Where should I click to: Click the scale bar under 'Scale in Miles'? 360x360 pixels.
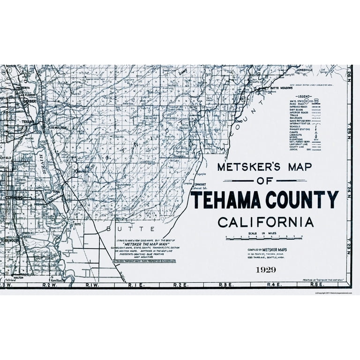(264, 237)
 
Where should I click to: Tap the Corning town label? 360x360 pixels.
(14, 197)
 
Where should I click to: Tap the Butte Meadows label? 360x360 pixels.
(281, 88)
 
